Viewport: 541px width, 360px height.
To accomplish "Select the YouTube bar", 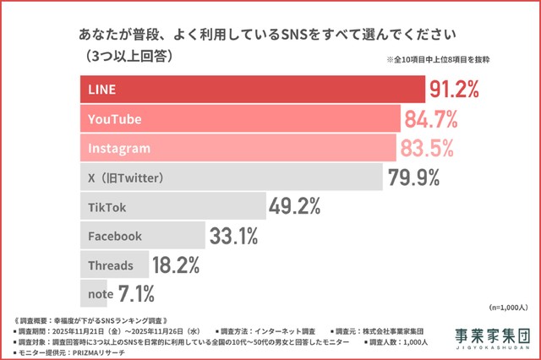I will pyautogui.click(x=240, y=119).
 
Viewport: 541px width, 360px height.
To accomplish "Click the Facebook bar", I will pyautogui.click(x=143, y=236).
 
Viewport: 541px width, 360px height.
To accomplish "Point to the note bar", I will pyautogui.click(x=97, y=293).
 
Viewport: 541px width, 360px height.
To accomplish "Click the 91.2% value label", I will pyautogui.click(x=456, y=89).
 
